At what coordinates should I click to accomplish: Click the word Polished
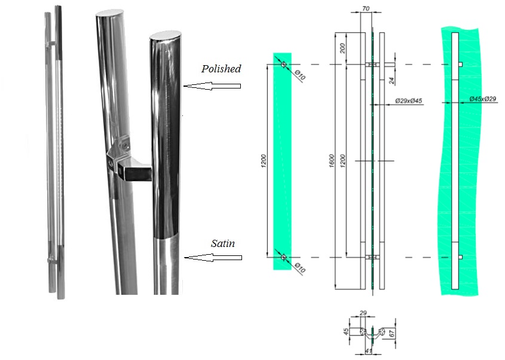[221, 69]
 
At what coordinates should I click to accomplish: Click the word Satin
[222, 243]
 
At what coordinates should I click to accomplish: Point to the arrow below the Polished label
[212, 86]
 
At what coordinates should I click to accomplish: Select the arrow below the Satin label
[213, 258]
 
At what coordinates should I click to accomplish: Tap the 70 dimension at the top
[366, 9]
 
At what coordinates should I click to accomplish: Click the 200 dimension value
[342, 48]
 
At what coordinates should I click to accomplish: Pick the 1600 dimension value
[332, 161]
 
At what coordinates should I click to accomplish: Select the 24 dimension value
[391, 81]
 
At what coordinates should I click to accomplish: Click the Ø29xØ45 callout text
[409, 101]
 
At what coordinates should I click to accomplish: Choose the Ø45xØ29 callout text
[483, 99]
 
